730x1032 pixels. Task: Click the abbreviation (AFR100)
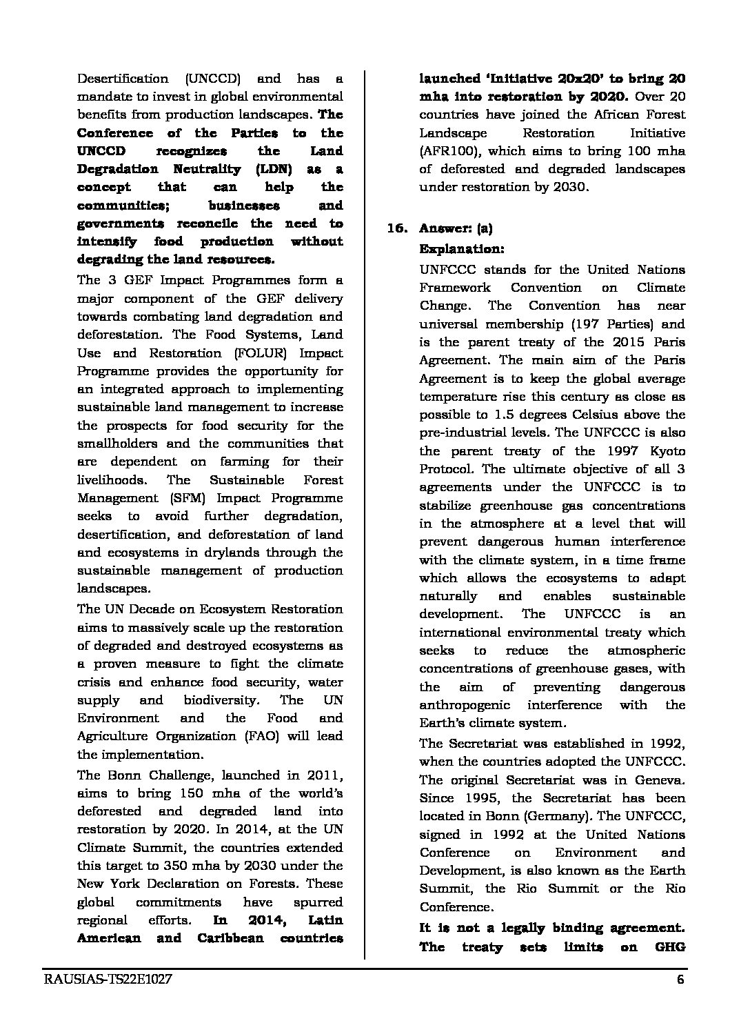449,151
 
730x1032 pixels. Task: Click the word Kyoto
667,450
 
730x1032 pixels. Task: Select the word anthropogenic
465,705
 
